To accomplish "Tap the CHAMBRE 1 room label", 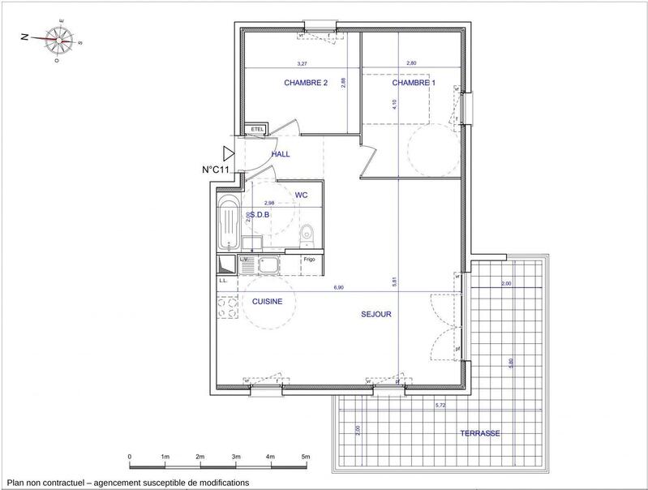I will click(414, 84).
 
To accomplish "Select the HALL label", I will click(281, 153).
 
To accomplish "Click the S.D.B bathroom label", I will click(260, 215).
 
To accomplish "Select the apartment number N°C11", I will click(217, 170).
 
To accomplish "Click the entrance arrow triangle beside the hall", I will click(229, 153).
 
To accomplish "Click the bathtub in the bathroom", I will click(229, 221).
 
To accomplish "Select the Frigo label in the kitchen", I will click(309, 260).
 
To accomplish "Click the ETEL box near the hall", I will click(257, 130).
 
